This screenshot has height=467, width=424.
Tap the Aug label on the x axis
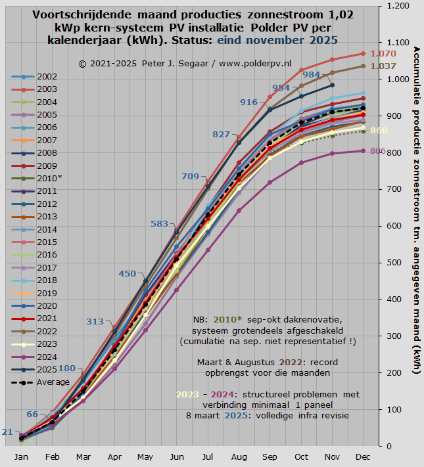click(239, 457)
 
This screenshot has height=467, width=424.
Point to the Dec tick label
click(362, 457)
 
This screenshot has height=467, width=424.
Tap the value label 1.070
click(383, 53)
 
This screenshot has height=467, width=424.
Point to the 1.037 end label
click(383, 66)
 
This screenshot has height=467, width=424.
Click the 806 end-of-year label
click(378, 151)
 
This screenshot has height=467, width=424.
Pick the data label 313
click(95, 321)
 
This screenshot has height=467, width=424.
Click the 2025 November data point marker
click(332, 85)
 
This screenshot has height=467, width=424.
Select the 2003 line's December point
click(363, 53)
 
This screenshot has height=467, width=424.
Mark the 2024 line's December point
click(363, 151)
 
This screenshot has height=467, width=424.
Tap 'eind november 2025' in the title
click(265, 40)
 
